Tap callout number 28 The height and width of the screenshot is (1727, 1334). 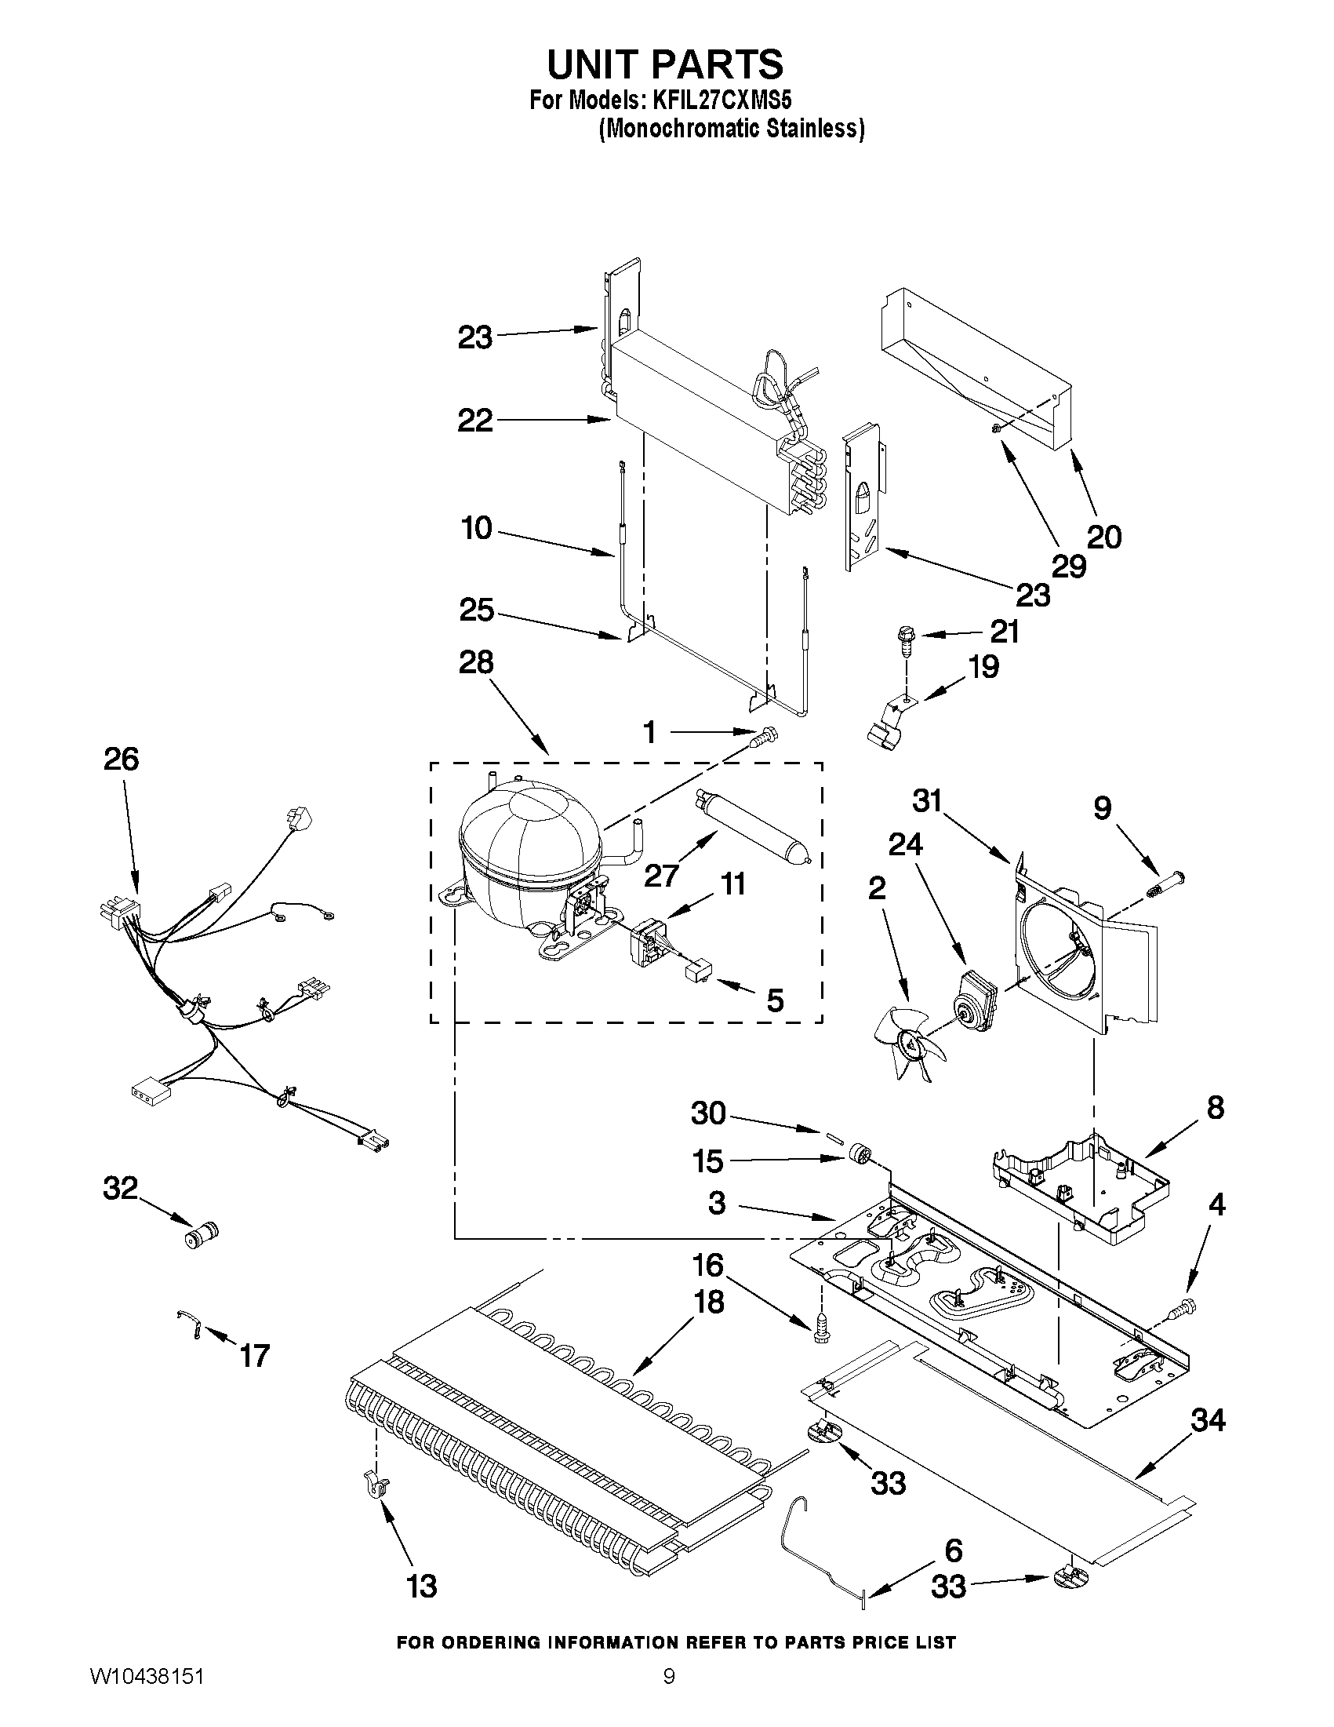pos(476,663)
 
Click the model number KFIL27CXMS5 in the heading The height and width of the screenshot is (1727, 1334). pos(718,100)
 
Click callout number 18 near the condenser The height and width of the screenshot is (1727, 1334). pos(709,1303)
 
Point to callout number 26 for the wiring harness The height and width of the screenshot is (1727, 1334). pos(121,759)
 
